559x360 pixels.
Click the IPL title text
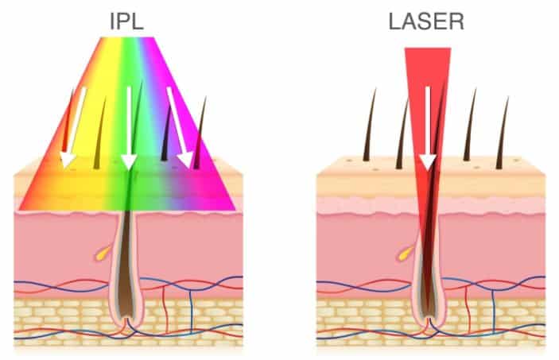tap(126, 21)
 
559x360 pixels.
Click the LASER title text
tap(426, 21)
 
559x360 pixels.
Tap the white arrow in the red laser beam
tap(428, 128)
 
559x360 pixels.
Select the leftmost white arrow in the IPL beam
tap(72, 127)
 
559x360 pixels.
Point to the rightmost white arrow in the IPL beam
tap(180, 127)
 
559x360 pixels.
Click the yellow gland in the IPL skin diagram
tap(103, 253)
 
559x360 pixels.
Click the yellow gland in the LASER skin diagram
tap(406, 253)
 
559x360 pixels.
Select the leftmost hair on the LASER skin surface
tap(369, 125)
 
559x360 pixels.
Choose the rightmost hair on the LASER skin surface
tap(503, 133)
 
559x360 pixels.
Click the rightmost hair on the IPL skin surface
tap(200, 133)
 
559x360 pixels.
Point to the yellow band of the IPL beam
tap(89, 142)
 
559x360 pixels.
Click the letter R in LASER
tap(456, 21)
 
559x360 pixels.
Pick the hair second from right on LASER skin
tap(470, 125)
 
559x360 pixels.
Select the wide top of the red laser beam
tap(428, 53)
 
